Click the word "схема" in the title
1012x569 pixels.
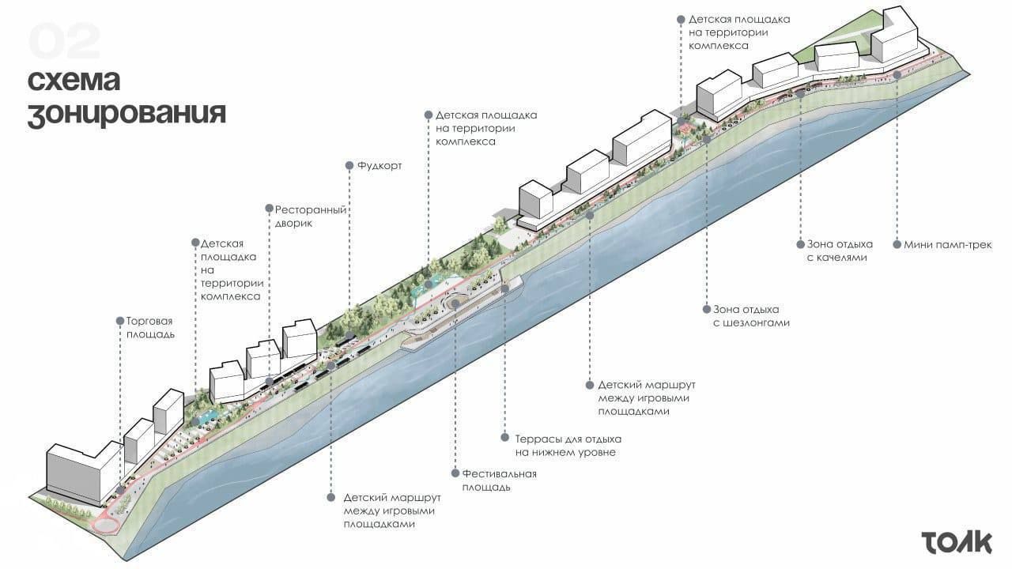point(74,80)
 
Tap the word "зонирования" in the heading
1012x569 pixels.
point(126,113)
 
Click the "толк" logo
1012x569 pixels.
point(956,543)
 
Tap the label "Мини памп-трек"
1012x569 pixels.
point(947,244)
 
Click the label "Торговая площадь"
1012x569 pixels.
point(149,328)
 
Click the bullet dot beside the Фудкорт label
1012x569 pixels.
point(349,166)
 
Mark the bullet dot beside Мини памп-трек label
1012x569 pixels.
point(897,244)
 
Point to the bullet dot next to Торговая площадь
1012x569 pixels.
point(119,322)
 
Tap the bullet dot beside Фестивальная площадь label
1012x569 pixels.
point(455,473)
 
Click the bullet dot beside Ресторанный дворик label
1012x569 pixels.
point(269,210)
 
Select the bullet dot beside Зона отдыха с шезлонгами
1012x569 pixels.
point(705,310)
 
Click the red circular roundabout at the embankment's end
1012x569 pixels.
point(105,526)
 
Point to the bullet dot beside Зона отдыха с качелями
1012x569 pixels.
point(799,244)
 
